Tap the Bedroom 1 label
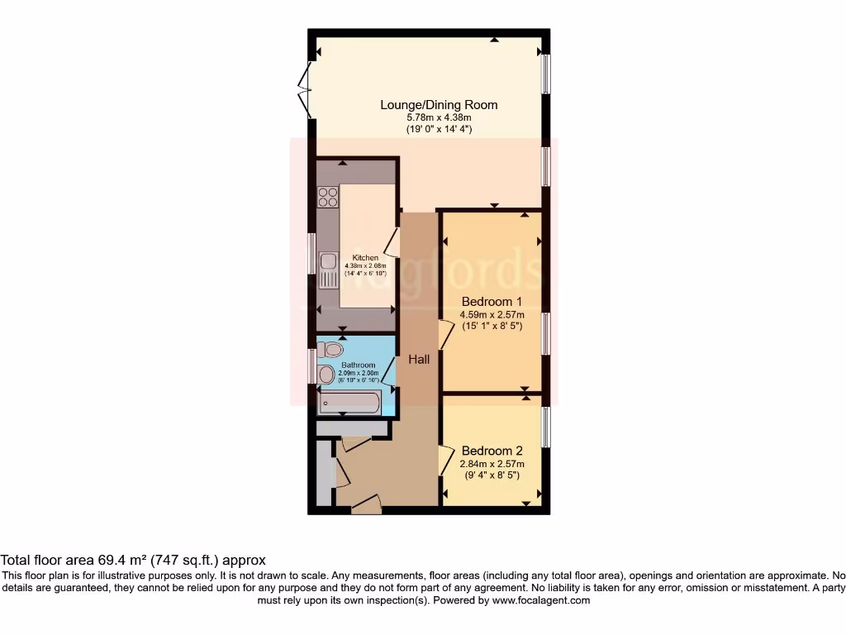pos(492,301)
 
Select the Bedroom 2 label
pos(492,451)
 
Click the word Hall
pos(419,359)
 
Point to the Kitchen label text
pos(365,258)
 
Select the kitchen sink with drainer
pos(329,269)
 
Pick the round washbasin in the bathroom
pos(327,375)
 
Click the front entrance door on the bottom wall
pos(365,504)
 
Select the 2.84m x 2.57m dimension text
pos(492,464)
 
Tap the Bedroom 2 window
pos(545,427)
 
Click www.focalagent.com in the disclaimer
pos(540,600)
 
